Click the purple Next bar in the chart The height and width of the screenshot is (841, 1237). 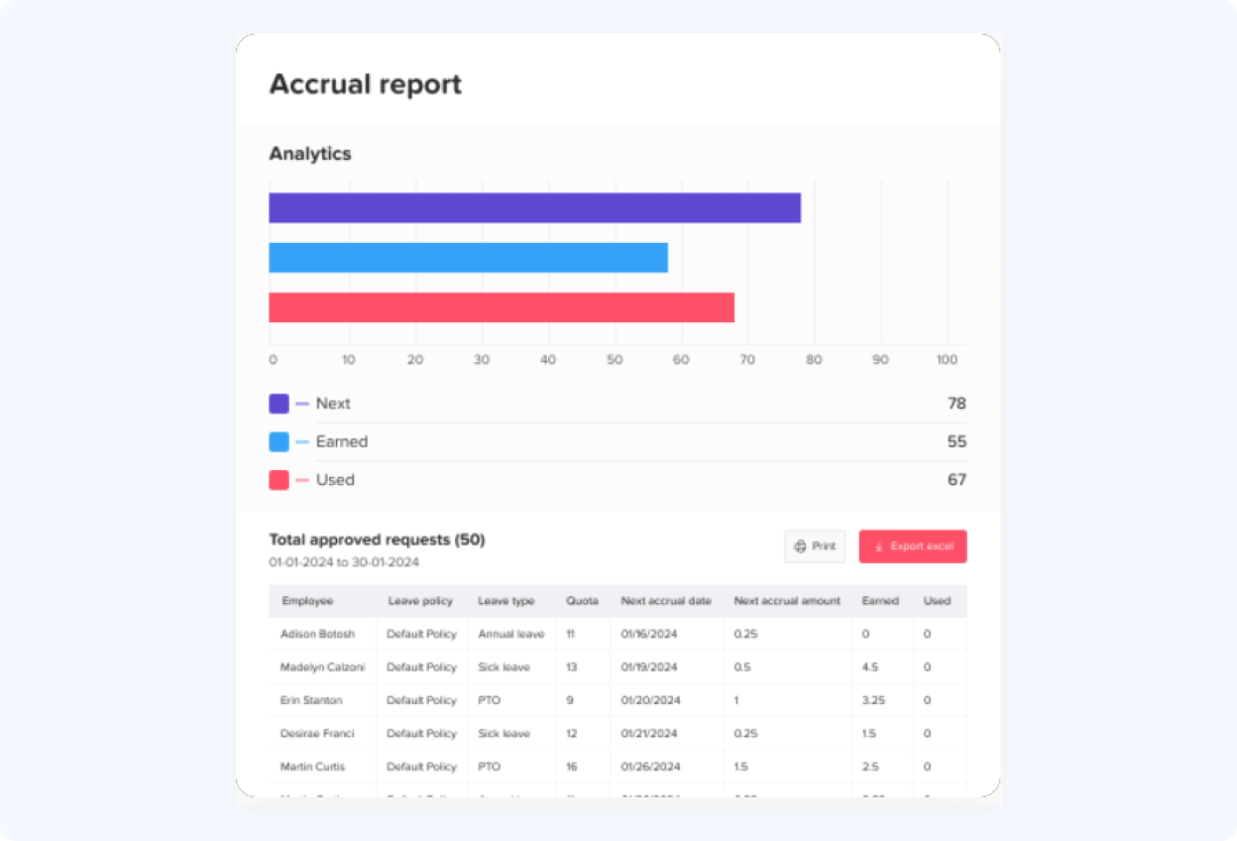(534, 208)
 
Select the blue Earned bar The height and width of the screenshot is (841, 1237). (468, 258)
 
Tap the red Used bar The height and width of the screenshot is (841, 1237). (502, 307)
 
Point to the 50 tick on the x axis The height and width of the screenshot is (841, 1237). (615, 360)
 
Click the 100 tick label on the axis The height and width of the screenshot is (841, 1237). (947, 360)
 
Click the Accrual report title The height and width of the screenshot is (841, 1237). (366, 84)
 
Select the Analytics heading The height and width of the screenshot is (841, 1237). (310, 154)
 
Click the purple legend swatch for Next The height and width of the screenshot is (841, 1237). (279, 404)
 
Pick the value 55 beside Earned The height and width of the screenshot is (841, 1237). (956, 441)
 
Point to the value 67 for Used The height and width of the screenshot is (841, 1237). (956, 480)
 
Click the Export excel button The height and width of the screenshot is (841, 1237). (913, 546)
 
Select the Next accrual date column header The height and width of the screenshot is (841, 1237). (666, 601)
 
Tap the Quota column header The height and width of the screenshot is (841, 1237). (582, 601)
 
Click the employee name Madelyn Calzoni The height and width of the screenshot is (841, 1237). (322, 667)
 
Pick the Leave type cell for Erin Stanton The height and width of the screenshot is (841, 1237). (489, 700)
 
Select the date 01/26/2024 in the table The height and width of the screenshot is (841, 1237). (649, 767)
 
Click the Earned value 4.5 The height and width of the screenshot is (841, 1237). (870, 667)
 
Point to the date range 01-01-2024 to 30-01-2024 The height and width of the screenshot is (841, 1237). (344, 562)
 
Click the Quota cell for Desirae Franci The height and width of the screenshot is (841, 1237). (572, 734)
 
